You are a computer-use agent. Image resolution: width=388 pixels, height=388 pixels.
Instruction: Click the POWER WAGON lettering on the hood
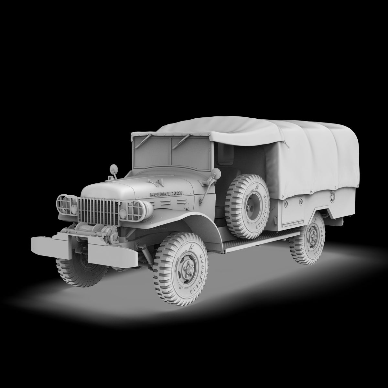click(x=167, y=194)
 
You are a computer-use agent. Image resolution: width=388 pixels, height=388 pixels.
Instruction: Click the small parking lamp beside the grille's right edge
click(x=123, y=213)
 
